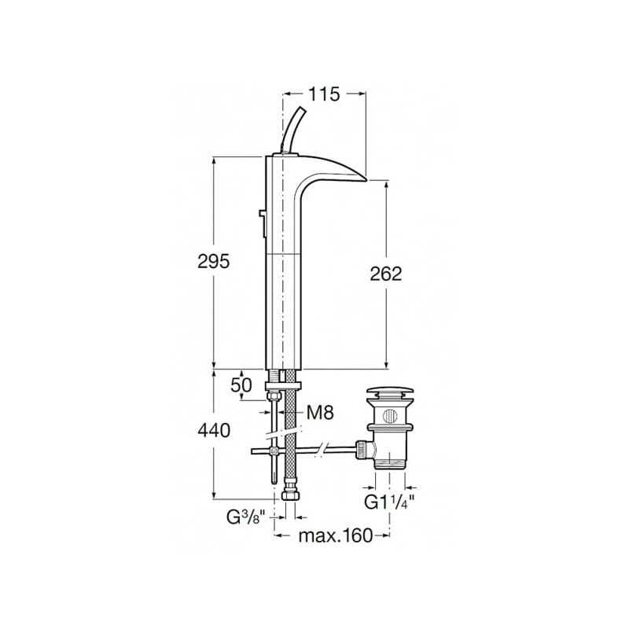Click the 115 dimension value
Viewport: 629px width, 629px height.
(324, 94)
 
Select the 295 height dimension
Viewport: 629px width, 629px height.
(214, 262)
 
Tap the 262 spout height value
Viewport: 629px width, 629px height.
(385, 274)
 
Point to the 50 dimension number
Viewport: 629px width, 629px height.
(241, 385)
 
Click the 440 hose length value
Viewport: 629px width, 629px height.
(214, 431)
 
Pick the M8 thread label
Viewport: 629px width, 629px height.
(320, 412)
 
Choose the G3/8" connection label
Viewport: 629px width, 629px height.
(247, 517)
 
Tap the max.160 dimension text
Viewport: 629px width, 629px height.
(336, 535)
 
